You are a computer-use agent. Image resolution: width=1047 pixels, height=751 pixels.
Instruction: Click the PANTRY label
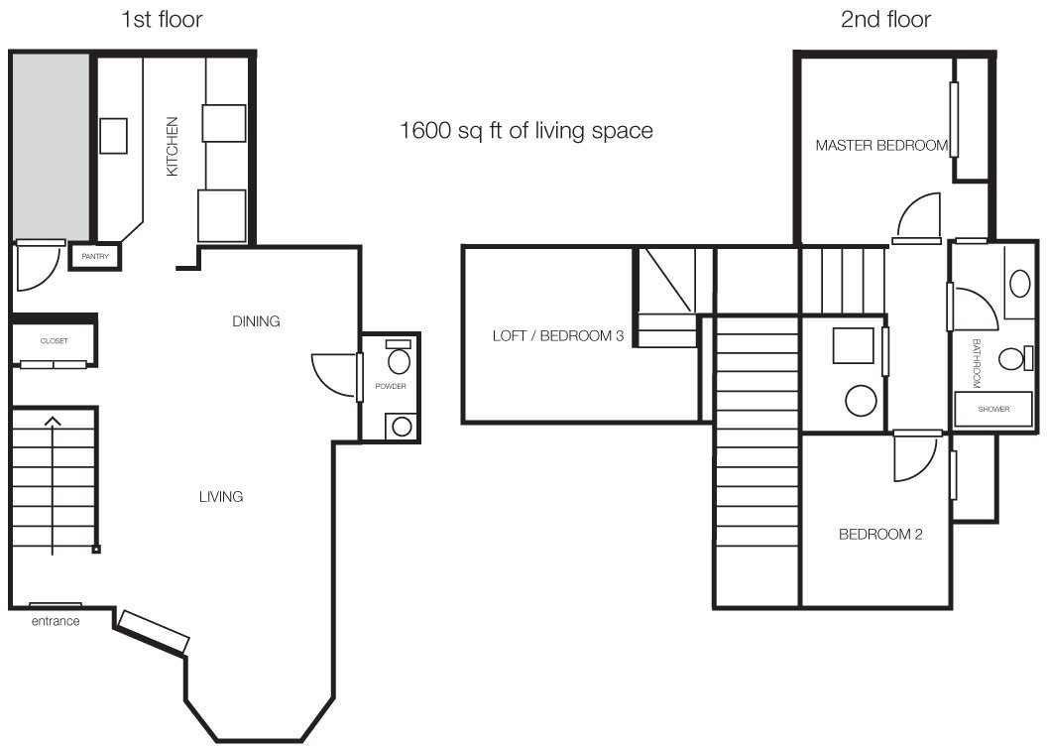95,257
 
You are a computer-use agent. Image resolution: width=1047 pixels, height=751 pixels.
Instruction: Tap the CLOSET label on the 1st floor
55,340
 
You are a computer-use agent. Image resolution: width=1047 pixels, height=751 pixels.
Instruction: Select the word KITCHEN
173,146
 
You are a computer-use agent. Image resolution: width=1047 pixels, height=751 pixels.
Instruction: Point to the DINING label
256,321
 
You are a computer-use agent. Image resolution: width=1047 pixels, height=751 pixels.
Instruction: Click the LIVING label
221,496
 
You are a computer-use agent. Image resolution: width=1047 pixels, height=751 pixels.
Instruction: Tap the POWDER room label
391,386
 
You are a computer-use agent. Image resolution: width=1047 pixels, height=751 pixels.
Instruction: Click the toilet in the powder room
400,358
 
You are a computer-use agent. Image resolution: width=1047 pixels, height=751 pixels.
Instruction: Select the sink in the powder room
402,427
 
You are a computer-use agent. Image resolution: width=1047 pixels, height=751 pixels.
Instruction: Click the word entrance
56,621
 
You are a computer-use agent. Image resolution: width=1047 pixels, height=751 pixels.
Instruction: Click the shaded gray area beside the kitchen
52,145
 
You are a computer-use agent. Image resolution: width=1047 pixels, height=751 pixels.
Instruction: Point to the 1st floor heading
162,20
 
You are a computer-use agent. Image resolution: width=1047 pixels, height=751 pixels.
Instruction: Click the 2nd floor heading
885,20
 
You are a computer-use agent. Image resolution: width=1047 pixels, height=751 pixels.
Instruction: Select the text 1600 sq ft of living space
526,130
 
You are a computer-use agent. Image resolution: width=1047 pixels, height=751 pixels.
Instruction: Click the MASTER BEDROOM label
881,145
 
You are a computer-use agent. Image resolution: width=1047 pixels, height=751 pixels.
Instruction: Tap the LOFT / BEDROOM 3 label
558,335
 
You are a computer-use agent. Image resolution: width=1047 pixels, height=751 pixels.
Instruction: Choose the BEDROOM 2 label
880,534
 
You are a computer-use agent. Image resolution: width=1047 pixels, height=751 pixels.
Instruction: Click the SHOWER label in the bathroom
993,409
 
